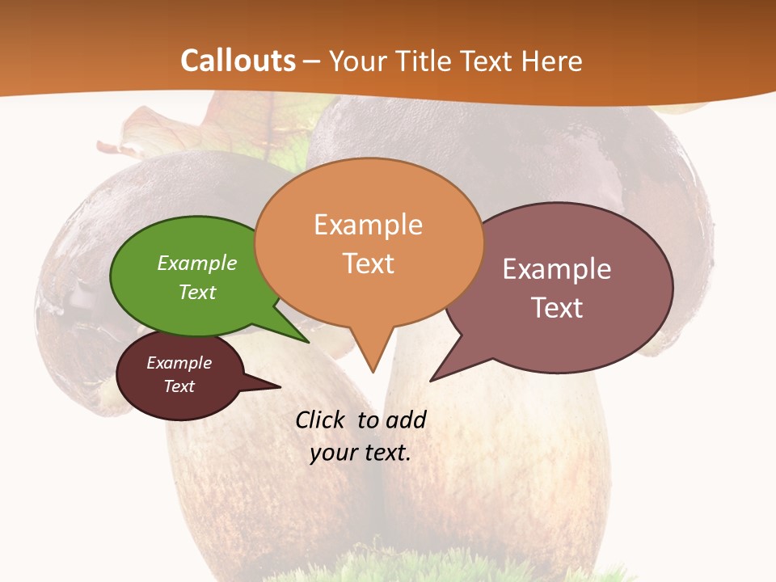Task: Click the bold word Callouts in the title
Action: click(238, 61)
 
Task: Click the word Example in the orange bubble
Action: click(368, 225)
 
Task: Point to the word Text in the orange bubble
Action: click(368, 264)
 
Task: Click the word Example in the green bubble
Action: click(197, 263)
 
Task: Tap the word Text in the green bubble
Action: click(197, 292)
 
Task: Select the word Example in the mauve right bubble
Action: click(557, 269)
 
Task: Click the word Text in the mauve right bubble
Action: click(557, 308)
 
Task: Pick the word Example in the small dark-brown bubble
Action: click(179, 363)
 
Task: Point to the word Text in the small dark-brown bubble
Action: click(179, 386)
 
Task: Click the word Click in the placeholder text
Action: click(319, 420)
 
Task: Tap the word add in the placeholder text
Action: click(405, 420)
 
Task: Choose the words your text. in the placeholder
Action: click(361, 452)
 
